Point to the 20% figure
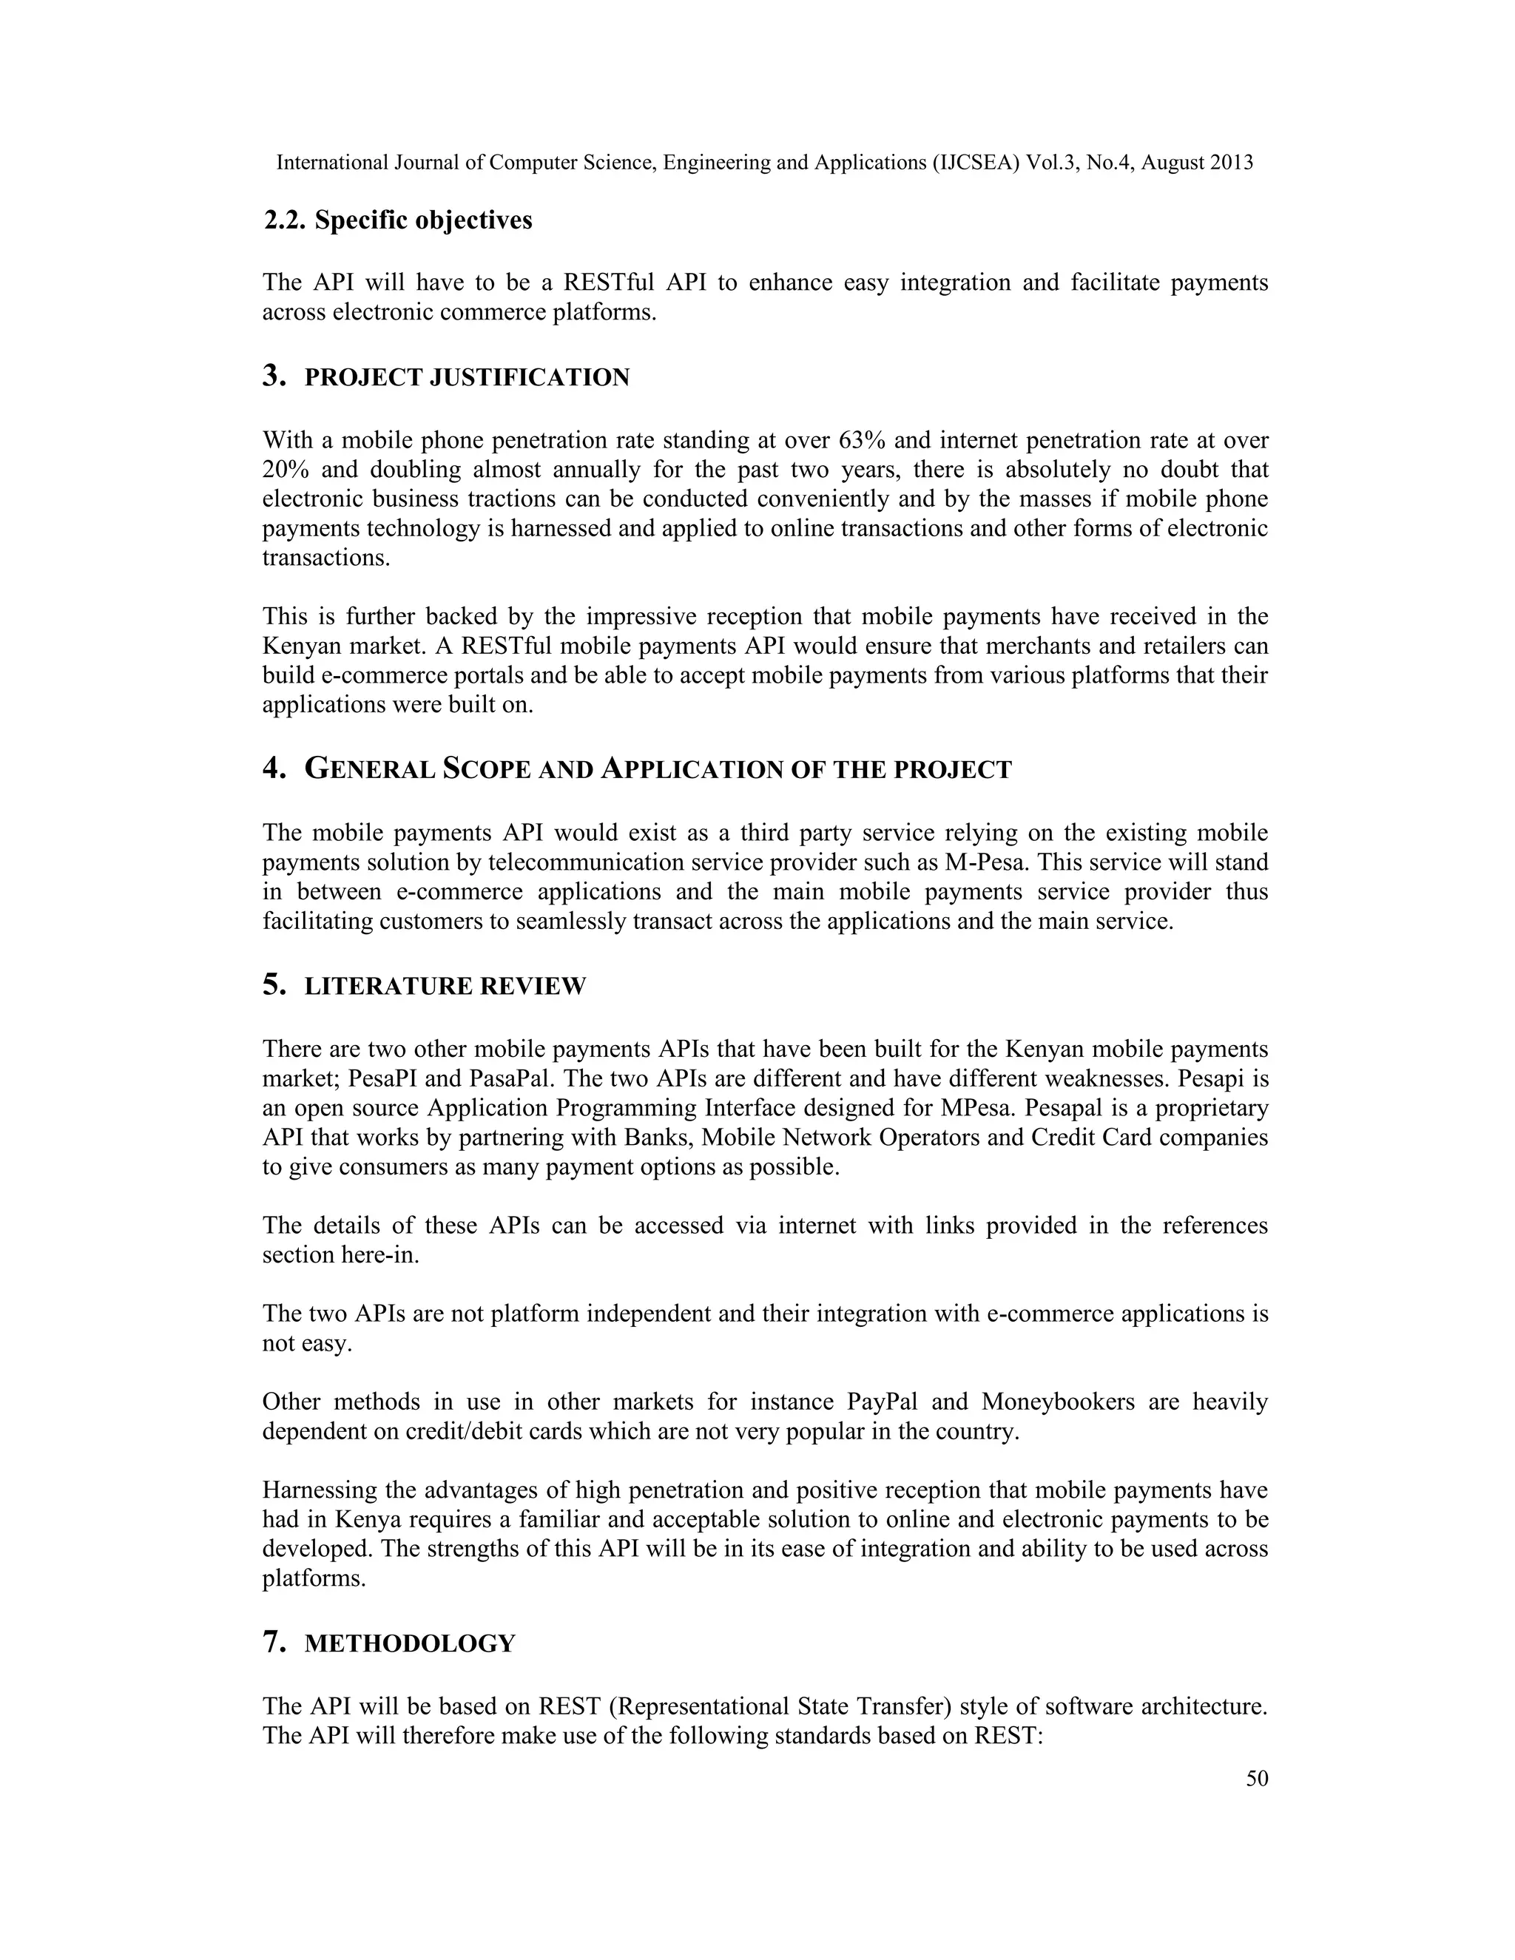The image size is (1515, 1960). pos(286,470)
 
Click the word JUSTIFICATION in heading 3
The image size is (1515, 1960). pos(530,378)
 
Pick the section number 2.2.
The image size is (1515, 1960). pos(286,220)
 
